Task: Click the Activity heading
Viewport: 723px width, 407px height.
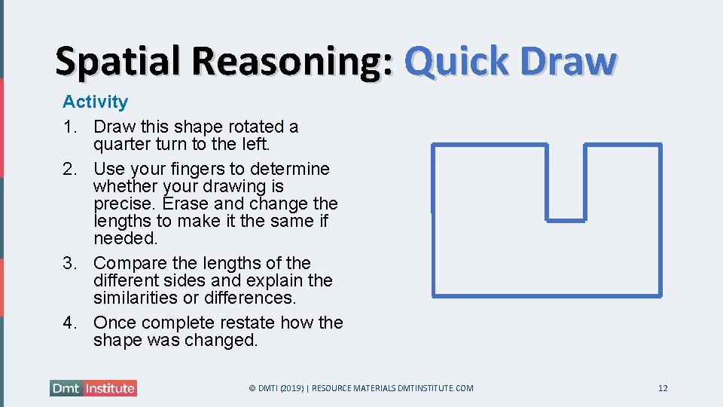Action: (95, 102)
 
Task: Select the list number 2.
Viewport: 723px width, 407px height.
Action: (69, 169)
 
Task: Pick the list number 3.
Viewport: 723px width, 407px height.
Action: (69, 263)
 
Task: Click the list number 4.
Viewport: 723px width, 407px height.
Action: (69, 323)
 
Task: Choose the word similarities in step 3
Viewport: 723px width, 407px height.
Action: (141, 298)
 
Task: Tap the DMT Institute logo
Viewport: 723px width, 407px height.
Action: (93, 388)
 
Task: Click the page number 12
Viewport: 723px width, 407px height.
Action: (663, 388)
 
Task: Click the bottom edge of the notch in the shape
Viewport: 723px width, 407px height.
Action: (566, 220)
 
